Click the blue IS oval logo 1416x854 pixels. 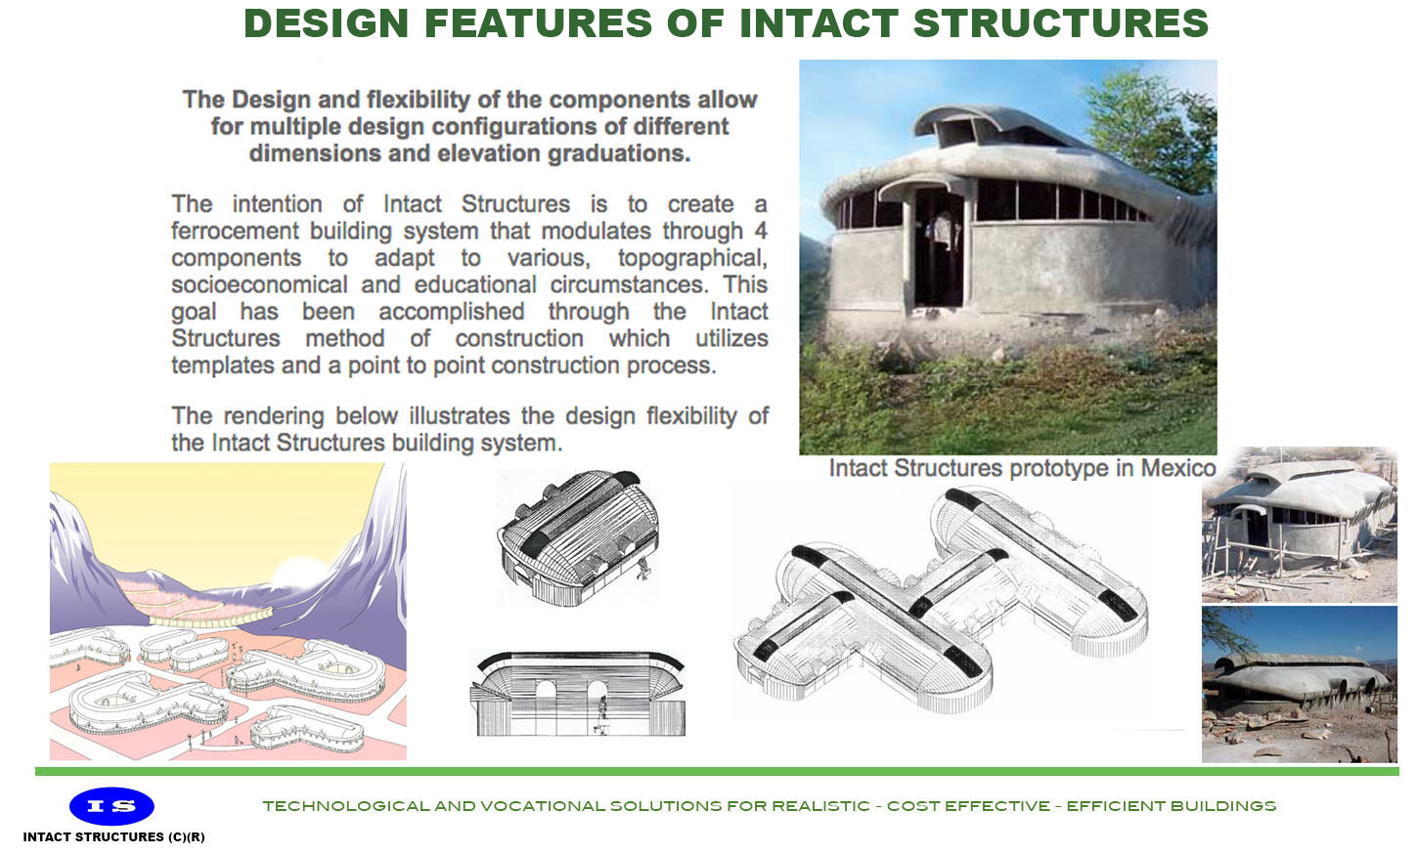(x=111, y=806)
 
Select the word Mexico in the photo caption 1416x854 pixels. (x=1177, y=468)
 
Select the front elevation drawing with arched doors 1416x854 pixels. (x=579, y=693)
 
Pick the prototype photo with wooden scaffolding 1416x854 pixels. (x=1299, y=525)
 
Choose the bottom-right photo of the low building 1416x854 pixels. (x=1299, y=684)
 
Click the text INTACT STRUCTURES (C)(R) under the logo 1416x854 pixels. (x=113, y=837)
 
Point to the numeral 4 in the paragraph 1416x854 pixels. (x=761, y=232)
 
